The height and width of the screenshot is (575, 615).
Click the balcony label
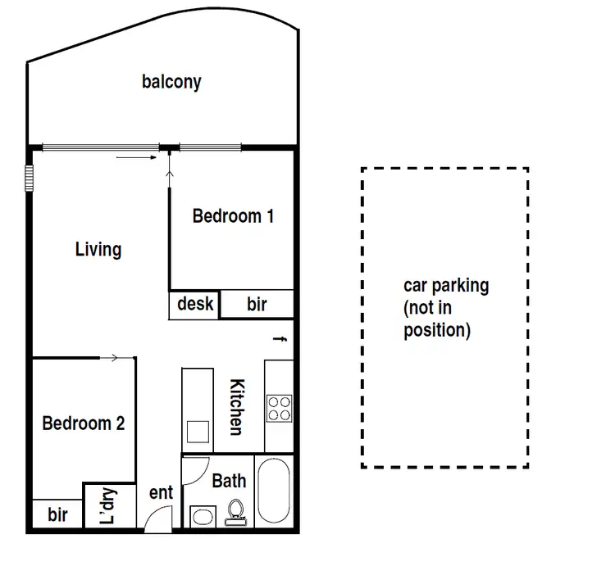pos(171,82)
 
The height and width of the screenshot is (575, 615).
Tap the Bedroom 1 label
pos(233,216)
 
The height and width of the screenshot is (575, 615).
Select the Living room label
pos(98,249)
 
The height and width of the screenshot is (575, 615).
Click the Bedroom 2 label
pos(83,423)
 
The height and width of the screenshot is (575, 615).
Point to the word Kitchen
pos(235,407)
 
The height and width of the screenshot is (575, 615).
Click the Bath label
pos(229,481)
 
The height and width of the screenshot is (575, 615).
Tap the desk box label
pos(195,304)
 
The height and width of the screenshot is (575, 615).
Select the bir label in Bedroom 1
pos(257,305)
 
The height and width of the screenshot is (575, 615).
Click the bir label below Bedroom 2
pos(57,515)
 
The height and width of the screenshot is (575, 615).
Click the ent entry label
pos(161,492)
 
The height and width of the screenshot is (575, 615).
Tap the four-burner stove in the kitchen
pos(279,407)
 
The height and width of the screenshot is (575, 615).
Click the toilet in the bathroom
pos(236,513)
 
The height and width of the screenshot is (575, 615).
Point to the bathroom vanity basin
pos(201,517)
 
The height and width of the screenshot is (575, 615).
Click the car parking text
pos(445,308)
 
